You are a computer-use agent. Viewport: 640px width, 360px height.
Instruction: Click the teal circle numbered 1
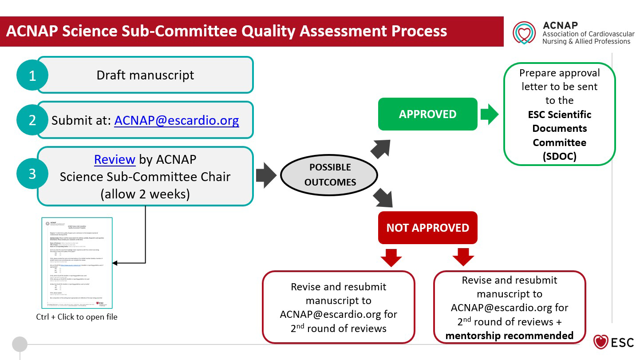(32, 75)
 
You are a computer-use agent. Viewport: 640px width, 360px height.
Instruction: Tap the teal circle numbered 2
(32, 120)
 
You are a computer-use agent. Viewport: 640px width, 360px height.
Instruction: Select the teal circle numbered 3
(32, 173)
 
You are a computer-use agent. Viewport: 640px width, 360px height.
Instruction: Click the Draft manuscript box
(145, 75)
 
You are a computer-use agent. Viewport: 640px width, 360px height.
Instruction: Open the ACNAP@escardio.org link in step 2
(177, 120)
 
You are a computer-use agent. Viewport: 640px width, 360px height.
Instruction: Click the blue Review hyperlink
(115, 159)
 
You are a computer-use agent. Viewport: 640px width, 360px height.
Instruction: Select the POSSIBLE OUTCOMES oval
(330, 174)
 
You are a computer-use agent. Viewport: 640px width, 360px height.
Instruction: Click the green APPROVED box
(427, 114)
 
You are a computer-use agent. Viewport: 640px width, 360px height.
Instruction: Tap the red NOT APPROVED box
(427, 228)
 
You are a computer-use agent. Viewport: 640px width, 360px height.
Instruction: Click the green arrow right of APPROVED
(490, 114)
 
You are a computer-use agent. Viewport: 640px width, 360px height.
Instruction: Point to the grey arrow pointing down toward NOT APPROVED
(383, 197)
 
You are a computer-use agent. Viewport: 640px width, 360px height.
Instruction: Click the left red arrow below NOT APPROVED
(391, 257)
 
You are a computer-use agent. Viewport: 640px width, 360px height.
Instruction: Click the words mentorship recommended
(509, 336)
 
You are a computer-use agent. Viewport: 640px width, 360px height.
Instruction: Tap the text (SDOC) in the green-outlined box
(559, 156)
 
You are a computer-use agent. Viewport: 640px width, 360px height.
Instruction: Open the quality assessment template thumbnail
(77, 263)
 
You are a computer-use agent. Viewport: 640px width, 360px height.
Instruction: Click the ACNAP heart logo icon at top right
(524, 33)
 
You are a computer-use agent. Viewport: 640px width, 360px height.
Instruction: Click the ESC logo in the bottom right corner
(614, 342)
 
